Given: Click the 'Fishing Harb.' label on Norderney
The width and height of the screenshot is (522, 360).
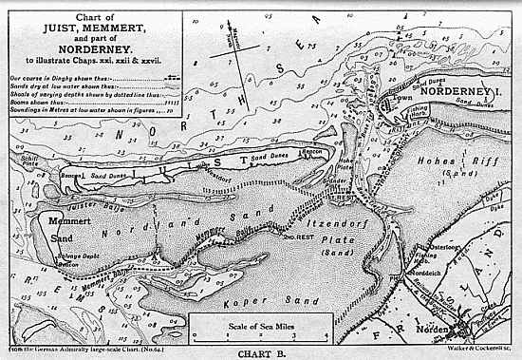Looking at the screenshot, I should (x=416, y=113).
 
